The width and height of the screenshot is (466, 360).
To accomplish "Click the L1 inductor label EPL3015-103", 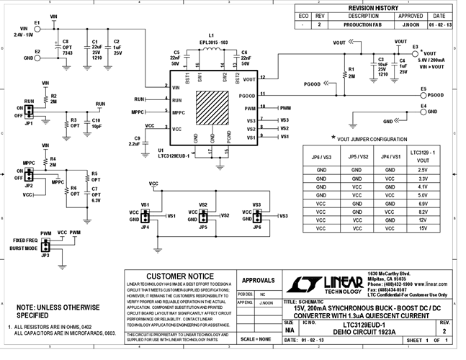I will point(211,43).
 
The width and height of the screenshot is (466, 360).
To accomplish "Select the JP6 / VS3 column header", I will point(322,156).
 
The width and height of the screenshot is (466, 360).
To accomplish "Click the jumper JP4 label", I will point(145,227).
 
